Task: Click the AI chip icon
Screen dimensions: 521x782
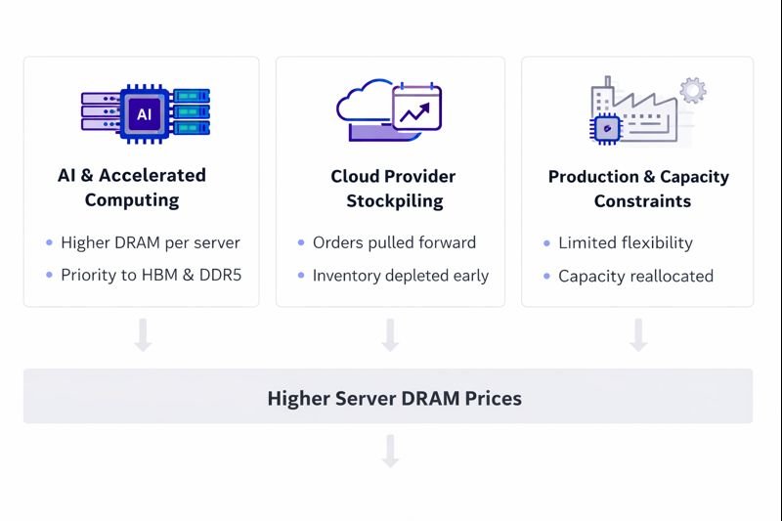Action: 144,114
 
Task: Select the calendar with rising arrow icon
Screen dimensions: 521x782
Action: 417,109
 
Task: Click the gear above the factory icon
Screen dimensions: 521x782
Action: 693,91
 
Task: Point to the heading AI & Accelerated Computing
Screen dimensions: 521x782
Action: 132,188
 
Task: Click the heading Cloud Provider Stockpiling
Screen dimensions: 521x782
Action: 393,189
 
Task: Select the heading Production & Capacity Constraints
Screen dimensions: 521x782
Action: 638,189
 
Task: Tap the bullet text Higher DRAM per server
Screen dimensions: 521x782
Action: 150,242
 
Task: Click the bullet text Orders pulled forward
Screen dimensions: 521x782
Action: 394,242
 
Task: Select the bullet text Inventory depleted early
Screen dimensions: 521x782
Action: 400,276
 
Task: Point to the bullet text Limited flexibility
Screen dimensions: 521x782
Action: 625,242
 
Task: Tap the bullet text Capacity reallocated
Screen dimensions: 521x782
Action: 635,276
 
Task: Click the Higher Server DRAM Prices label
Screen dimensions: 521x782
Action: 394,398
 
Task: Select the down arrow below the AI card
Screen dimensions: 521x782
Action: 143,334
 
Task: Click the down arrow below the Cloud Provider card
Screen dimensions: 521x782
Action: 390,334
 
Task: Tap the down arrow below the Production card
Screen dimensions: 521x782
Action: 638,334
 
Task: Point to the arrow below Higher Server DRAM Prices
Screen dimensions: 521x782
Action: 390,452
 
